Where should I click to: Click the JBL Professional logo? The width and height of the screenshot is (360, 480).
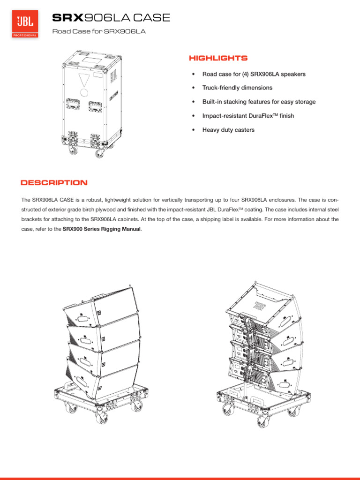coord(25,25)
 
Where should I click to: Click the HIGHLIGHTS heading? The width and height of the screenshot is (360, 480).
coord(218,58)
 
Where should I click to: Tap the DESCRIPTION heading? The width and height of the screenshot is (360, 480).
coord(53,183)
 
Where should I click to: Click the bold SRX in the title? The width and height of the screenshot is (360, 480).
coord(67,18)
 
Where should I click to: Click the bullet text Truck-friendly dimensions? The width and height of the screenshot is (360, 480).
coord(237,88)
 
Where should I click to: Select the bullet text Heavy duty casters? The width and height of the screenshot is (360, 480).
coord(228,130)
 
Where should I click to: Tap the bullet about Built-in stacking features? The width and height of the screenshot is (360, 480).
coord(259,102)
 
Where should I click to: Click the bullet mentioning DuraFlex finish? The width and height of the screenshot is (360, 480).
coord(248,116)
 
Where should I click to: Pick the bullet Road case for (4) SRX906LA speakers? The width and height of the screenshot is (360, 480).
coord(254,74)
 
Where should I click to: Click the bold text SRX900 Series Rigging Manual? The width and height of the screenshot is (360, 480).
coord(102,229)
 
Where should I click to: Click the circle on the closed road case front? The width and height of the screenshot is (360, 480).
coord(84,92)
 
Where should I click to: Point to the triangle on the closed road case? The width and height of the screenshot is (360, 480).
coord(84,79)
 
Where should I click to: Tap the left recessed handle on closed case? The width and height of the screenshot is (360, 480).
coord(73,104)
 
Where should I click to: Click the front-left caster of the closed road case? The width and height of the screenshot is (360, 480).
coord(73,151)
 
